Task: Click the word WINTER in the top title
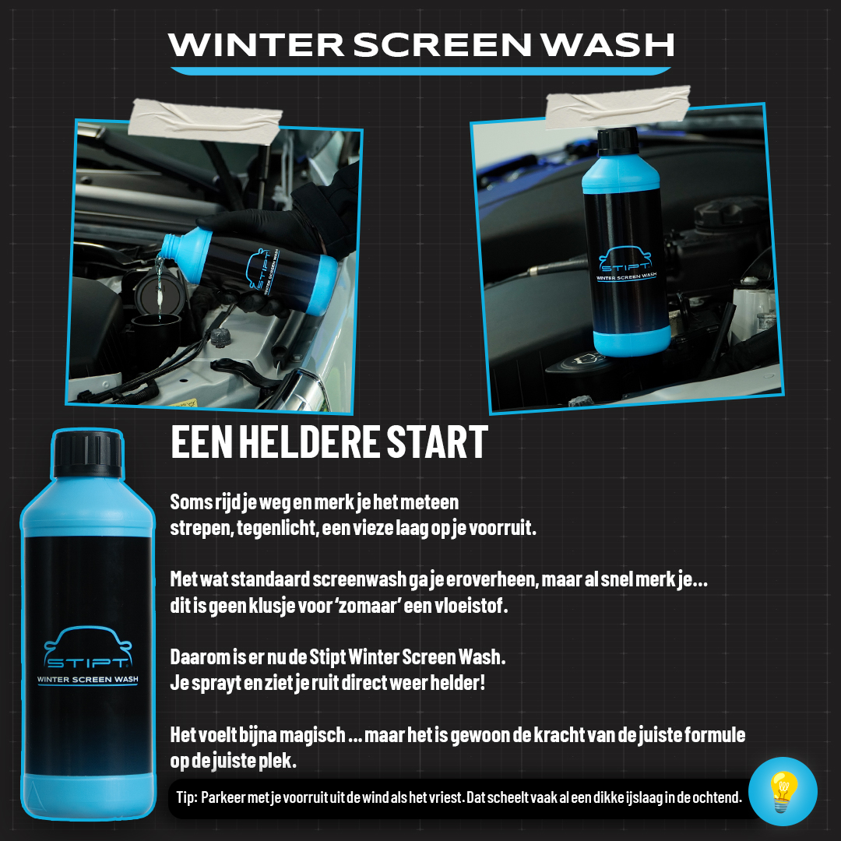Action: click(x=254, y=45)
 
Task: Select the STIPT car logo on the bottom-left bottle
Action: click(x=87, y=650)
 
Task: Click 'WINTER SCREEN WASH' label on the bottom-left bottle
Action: click(x=87, y=678)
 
